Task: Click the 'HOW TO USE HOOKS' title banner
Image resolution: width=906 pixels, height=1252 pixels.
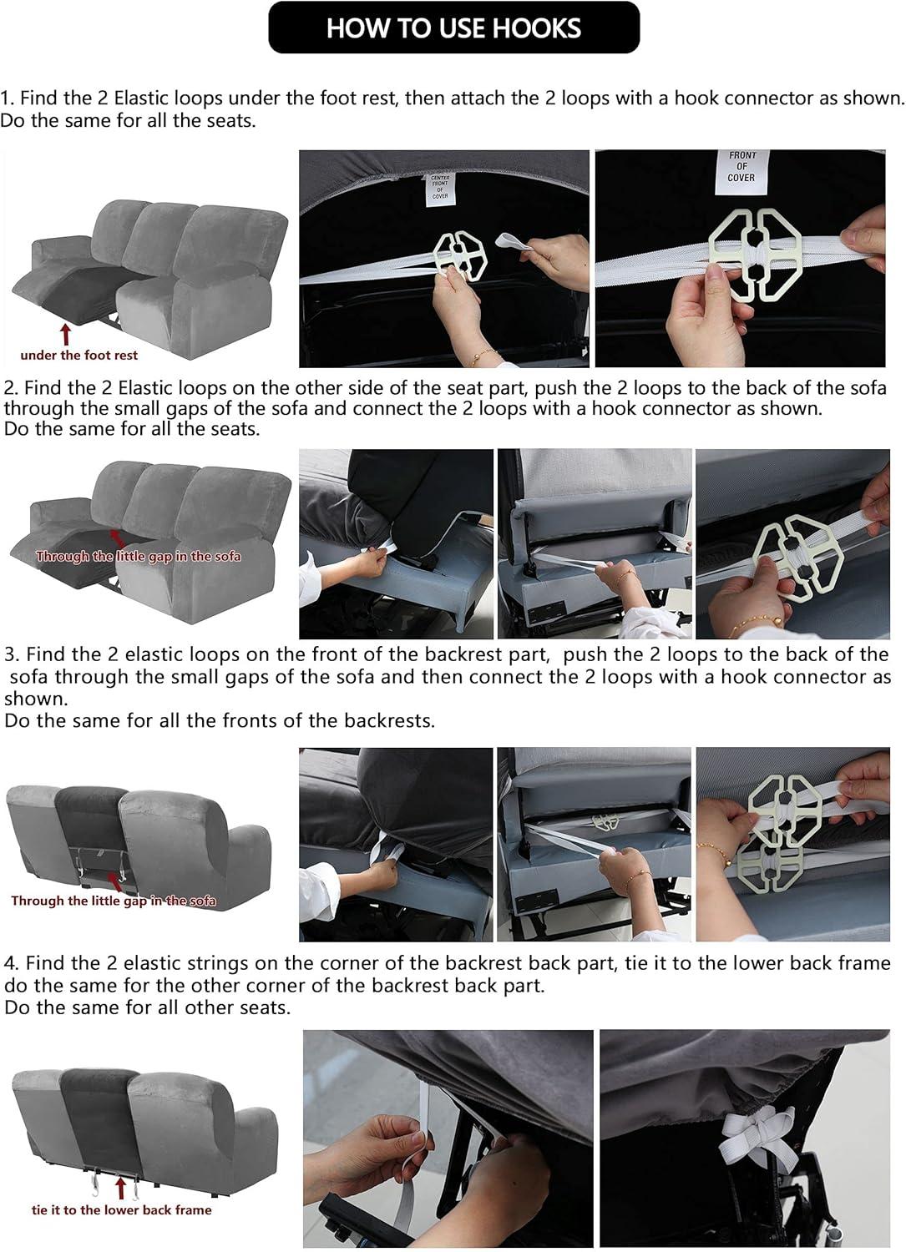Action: [x=453, y=28]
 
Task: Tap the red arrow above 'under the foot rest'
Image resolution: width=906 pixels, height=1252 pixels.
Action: [x=67, y=334]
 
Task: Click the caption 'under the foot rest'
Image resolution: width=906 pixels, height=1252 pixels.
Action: [x=79, y=356]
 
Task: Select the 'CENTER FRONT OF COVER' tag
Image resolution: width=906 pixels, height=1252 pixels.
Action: [x=440, y=187]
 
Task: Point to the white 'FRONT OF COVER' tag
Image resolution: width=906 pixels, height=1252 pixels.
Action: [x=741, y=167]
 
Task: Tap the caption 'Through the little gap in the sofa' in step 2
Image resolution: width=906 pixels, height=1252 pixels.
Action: [x=138, y=557]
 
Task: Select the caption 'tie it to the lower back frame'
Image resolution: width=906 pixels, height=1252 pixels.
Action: [x=121, y=1210]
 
